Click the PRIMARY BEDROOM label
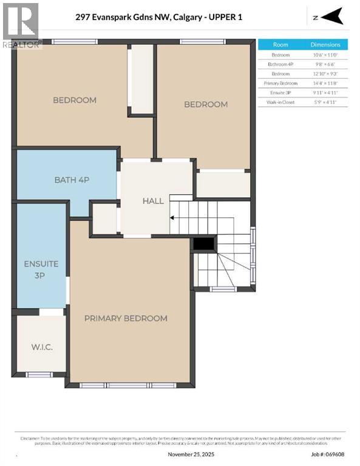point(126,318)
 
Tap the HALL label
point(153,201)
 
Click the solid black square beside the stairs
point(204,243)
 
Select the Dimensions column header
point(325,45)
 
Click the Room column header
point(280,45)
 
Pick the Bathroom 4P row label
point(280,64)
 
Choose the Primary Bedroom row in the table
point(280,83)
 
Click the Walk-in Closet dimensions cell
point(325,103)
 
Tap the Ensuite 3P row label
point(280,93)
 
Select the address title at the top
point(159,18)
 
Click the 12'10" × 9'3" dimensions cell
point(325,73)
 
